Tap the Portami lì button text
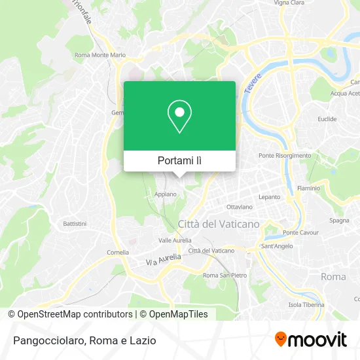(x=179, y=160)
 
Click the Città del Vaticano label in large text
(x=219, y=224)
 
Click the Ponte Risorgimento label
(x=285, y=155)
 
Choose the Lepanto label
(x=270, y=196)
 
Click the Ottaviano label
(x=239, y=207)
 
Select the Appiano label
(x=166, y=194)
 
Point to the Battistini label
(x=74, y=224)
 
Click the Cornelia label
(x=118, y=252)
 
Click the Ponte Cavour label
(x=300, y=232)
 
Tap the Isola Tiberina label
(x=306, y=304)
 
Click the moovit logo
(x=310, y=340)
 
